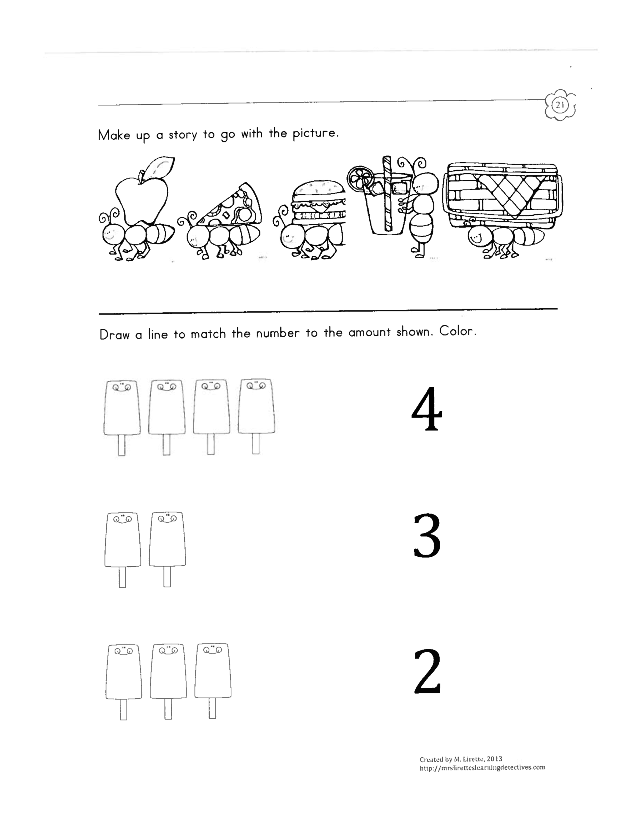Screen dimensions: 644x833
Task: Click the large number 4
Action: pos(427,409)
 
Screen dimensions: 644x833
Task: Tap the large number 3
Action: pos(427,536)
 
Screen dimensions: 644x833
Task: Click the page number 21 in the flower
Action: pos(560,104)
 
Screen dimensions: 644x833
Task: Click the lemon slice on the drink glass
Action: pos(360,178)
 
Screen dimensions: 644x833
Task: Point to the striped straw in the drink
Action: pos(388,193)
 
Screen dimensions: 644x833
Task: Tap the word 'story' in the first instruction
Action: pos(183,135)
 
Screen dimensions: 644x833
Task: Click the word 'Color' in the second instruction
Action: pos(457,331)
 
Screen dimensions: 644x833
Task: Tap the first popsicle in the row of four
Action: pos(122,417)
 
